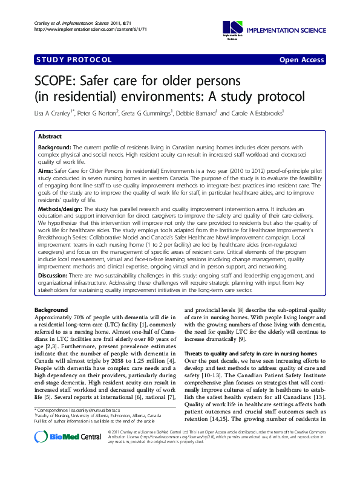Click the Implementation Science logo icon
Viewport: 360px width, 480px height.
(x=232, y=28)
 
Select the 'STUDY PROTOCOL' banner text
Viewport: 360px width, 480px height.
(x=74, y=60)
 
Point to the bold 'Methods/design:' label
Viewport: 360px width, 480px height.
(x=61, y=208)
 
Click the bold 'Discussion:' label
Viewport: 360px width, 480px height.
(x=54, y=275)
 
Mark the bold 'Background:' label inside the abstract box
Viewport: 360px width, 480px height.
(x=54, y=148)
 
